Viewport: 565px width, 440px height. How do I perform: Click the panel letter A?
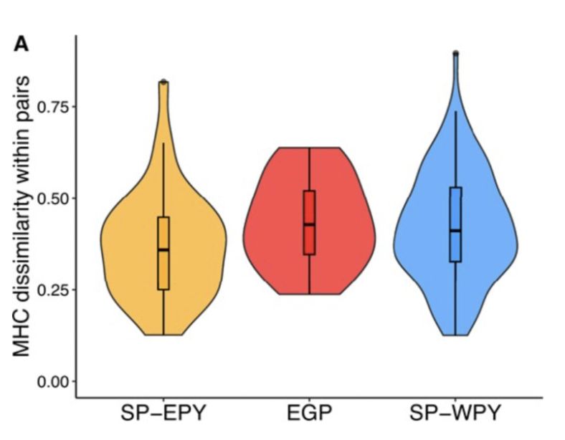pyautogui.click(x=22, y=45)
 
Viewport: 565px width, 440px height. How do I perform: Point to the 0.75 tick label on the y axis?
pyautogui.click(x=52, y=107)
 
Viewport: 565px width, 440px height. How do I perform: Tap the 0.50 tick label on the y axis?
pyautogui.click(x=52, y=199)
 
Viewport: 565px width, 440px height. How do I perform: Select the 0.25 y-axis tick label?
pyautogui.click(x=52, y=290)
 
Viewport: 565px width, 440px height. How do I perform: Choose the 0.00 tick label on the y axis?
pyautogui.click(x=52, y=381)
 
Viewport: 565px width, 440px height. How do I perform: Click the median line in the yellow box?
pyautogui.click(x=163, y=249)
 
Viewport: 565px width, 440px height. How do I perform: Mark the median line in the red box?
pyautogui.click(x=309, y=224)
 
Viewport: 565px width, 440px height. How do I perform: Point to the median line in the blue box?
pyautogui.click(x=455, y=230)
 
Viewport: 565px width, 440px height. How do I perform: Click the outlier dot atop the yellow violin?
pyautogui.click(x=163, y=82)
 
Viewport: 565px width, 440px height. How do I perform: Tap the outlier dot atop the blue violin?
pyautogui.click(x=455, y=54)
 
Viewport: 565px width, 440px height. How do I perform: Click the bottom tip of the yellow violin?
pyautogui.click(x=163, y=333)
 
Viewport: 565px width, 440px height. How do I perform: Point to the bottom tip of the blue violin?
pyautogui.click(x=455, y=334)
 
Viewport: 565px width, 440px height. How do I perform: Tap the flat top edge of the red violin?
pyautogui.click(x=309, y=148)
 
